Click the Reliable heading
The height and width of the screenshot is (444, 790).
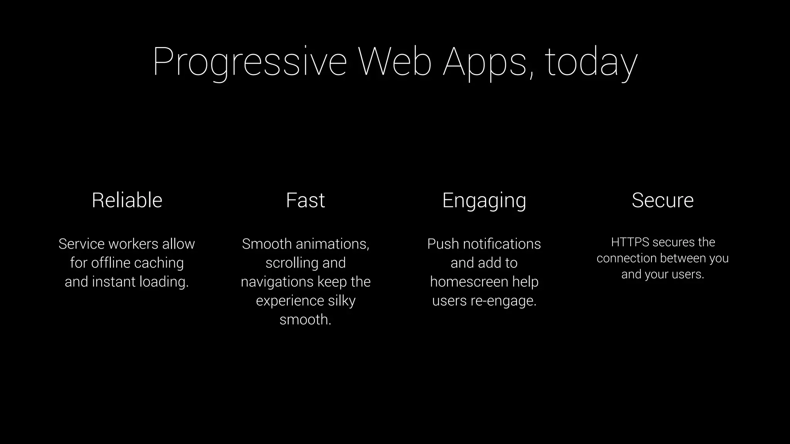click(127, 200)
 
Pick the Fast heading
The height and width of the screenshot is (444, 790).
click(306, 200)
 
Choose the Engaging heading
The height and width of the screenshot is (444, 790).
click(484, 201)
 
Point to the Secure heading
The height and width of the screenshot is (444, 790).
click(663, 200)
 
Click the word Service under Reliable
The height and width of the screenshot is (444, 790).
click(81, 244)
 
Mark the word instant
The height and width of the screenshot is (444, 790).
click(113, 282)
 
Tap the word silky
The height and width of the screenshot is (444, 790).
click(341, 301)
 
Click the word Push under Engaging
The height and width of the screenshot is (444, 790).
click(443, 244)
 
